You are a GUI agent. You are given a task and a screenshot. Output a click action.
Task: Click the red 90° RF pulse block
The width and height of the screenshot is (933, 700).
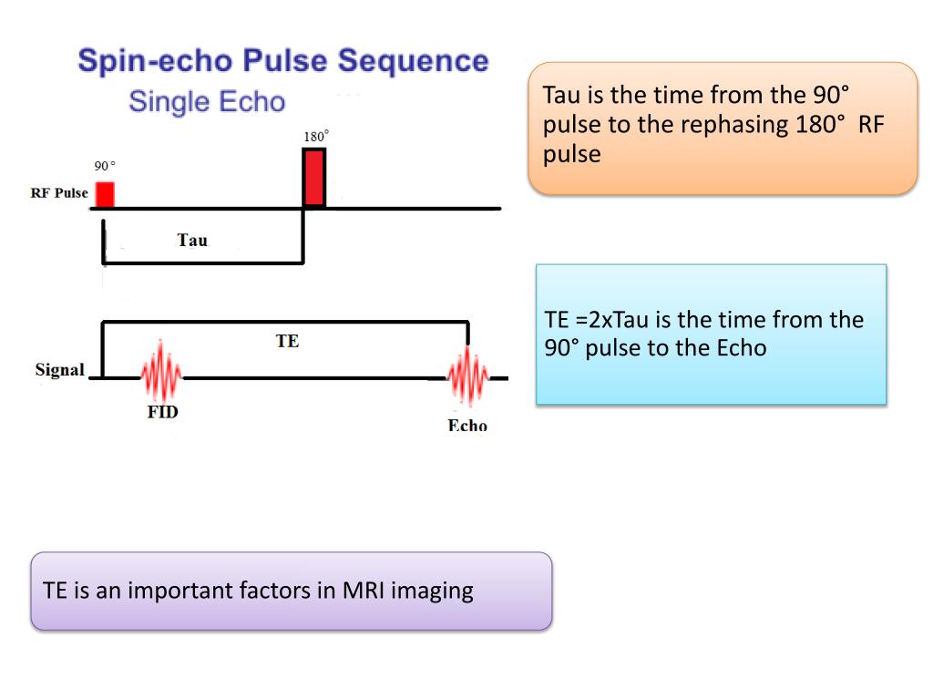pyautogui.click(x=105, y=194)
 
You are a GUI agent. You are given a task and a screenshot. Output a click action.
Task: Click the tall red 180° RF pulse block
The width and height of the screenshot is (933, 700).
pyautogui.click(x=314, y=178)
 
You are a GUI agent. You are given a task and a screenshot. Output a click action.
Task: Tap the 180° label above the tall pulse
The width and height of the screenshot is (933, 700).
pyautogui.click(x=315, y=137)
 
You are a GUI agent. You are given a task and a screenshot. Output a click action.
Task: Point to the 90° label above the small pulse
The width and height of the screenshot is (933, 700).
pyautogui.click(x=105, y=166)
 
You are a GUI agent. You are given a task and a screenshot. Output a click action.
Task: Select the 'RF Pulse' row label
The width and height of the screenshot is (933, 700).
pyautogui.click(x=59, y=193)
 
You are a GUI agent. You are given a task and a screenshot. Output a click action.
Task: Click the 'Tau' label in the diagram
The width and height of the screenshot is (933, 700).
pyautogui.click(x=192, y=241)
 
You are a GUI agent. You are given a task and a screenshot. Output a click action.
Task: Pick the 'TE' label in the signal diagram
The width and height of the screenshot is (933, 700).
pyautogui.click(x=287, y=342)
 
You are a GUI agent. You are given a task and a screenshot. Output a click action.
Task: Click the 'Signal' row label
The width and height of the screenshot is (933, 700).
pyautogui.click(x=59, y=370)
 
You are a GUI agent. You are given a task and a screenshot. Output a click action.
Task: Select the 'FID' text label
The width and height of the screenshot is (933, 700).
pyautogui.click(x=162, y=412)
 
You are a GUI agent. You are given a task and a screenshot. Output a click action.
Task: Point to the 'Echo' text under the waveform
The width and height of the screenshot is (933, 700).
pyautogui.click(x=467, y=426)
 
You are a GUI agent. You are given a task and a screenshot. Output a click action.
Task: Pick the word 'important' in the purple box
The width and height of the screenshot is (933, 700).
pyautogui.click(x=181, y=590)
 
